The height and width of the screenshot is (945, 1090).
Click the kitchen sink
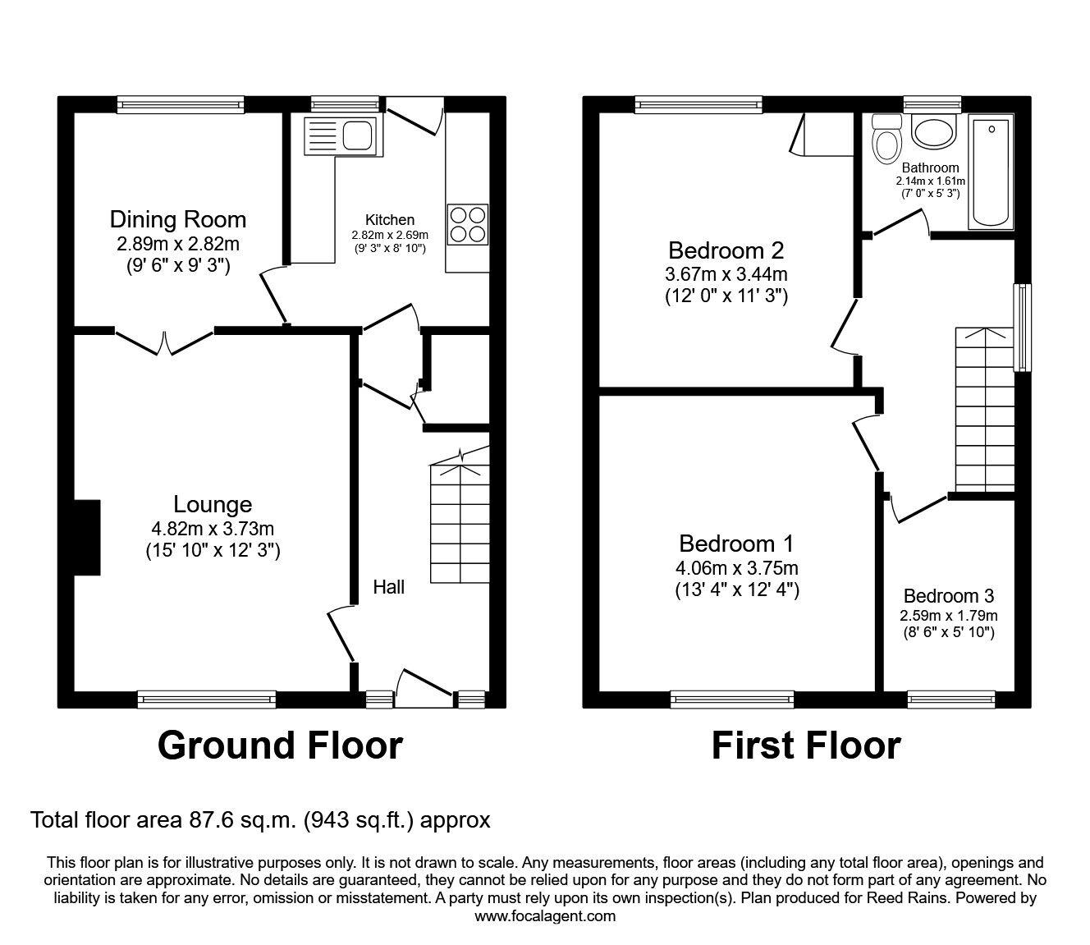340,135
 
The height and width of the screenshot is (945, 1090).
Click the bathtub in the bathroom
992,171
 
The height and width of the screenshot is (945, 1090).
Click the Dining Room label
178,219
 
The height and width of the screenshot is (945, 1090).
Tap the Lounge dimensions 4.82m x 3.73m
212,529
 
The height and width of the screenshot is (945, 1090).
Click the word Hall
388,586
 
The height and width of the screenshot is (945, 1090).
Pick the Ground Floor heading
280,745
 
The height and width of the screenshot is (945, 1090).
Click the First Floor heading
805,745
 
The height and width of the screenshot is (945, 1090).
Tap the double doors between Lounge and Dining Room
165,342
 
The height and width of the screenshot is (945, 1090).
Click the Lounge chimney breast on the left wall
87,537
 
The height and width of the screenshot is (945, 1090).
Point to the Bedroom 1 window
731,700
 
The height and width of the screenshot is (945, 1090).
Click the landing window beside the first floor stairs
1022,328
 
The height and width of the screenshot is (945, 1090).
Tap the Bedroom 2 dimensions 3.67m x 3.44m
726,274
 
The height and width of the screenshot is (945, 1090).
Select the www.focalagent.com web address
545,916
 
